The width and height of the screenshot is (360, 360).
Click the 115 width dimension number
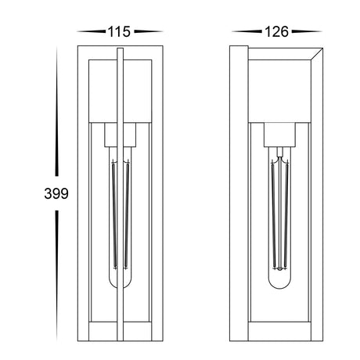[x=119, y=31]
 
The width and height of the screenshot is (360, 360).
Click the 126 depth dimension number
[x=276, y=31]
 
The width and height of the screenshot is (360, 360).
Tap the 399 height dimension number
[x=56, y=193]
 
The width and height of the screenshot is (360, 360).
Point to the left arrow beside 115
[x=92, y=31]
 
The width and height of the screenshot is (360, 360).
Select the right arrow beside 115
[x=149, y=31]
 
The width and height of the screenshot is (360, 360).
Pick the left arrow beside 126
[x=247, y=31]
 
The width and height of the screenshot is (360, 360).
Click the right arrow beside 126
[x=307, y=31]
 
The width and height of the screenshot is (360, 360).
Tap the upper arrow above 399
[x=56, y=111]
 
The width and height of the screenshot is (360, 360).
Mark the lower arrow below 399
[x=56, y=275]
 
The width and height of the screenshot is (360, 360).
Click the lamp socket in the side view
[x=279, y=135]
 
